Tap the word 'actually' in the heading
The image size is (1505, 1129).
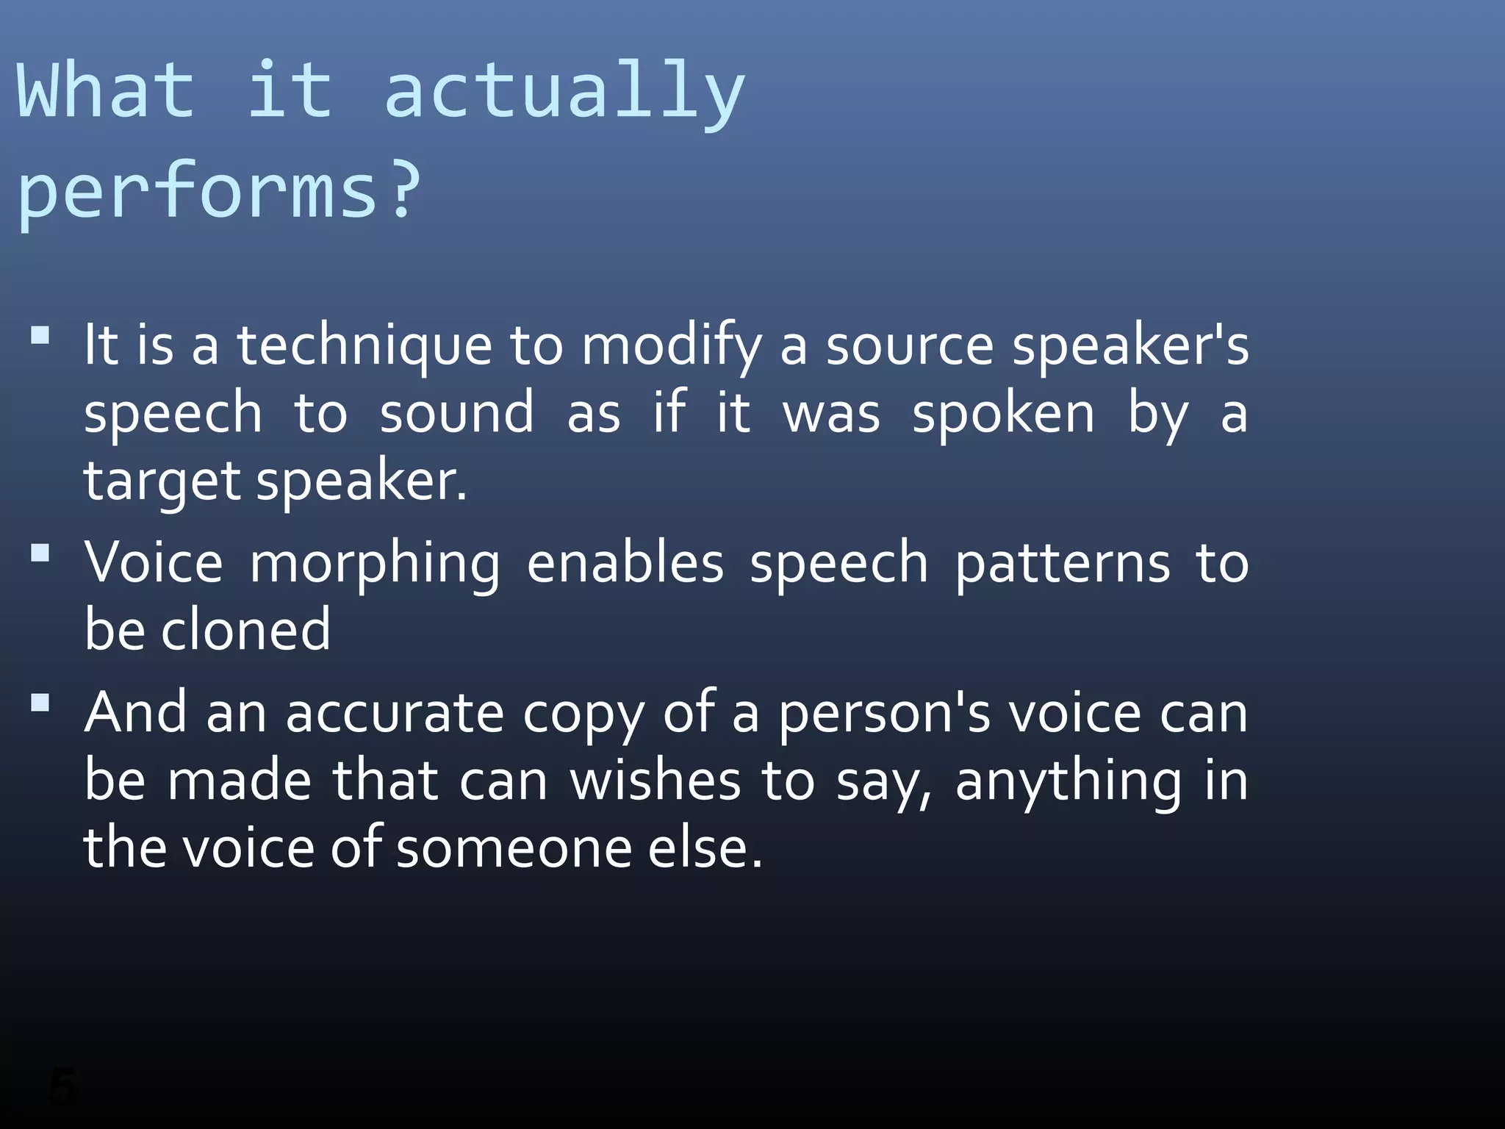(x=564, y=91)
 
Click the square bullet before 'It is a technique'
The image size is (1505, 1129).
(x=40, y=336)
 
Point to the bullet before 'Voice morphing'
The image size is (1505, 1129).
(x=40, y=552)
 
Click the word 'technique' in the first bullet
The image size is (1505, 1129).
(x=364, y=345)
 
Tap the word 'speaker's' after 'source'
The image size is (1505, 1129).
(x=1130, y=346)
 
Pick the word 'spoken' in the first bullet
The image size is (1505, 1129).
(x=1003, y=414)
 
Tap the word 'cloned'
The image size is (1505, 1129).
(x=245, y=630)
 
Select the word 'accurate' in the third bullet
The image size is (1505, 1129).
(x=395, y=712)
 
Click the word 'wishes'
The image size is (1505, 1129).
(x=655, y=780)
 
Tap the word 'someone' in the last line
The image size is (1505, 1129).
(x=514, y=847)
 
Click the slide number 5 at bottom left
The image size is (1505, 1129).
(x=62, y=1086)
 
